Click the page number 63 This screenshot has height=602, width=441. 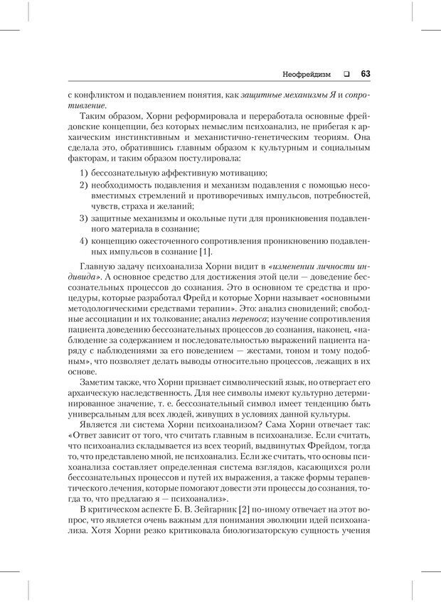pyautogui.click(x=366, y=72)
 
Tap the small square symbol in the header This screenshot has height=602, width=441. pyautogui.click(x=346, y=73)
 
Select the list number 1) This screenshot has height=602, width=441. pyautogui.click(x=83, y=173)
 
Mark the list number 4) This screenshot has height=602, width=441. pyautogui.click(x=83, y=242)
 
